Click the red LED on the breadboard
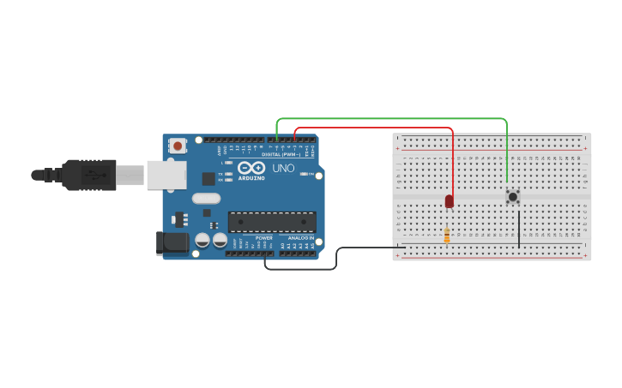449,201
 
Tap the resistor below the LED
447,235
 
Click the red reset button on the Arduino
178,146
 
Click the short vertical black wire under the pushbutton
518,229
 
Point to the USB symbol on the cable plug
95,175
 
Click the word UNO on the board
283,169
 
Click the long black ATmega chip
271,222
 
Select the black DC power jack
173,242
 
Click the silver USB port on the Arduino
166,175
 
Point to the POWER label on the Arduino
263,238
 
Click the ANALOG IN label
299,238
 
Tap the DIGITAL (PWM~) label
288,154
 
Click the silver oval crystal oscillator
206,199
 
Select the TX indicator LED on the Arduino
229,174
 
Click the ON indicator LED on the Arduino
305,174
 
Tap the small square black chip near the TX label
208,178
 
